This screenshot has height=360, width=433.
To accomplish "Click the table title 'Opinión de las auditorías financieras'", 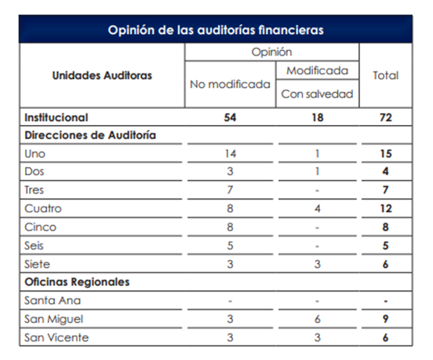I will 216,31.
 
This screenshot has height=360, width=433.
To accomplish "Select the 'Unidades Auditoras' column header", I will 102,75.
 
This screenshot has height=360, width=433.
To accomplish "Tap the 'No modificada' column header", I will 230,84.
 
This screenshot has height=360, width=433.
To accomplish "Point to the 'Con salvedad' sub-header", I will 317,94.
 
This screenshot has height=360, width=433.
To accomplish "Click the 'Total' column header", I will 385,75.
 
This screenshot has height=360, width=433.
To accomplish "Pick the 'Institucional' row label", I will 56,117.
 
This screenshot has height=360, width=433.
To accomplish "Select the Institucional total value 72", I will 385,117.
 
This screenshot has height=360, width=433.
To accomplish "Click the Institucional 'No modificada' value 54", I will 230,117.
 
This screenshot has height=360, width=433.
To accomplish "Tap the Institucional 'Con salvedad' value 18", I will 317,117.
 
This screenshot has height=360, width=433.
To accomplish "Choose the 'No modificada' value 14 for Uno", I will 230,153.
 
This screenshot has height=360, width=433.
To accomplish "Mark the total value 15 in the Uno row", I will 385,153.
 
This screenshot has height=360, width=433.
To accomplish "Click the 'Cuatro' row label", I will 43,208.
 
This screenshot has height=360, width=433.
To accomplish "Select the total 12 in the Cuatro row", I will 385,208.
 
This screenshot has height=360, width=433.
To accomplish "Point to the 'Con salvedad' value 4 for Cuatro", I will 317,208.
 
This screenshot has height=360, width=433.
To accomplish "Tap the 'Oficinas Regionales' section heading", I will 77,282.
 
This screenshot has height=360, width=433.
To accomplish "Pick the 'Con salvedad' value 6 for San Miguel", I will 317,319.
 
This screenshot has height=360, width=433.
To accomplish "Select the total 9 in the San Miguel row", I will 385,319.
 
